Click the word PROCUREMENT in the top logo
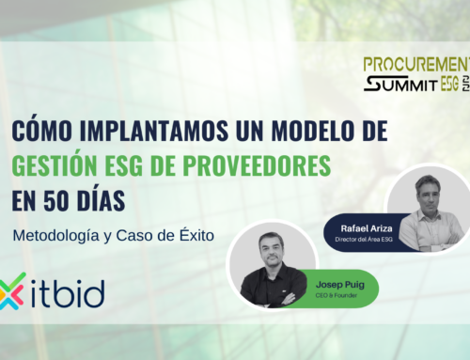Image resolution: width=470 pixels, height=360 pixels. click(x=413, y=64)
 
